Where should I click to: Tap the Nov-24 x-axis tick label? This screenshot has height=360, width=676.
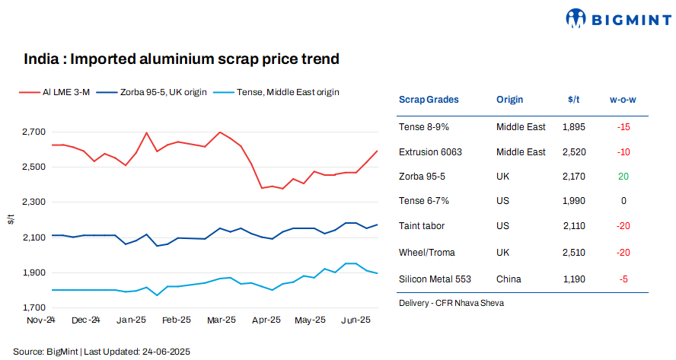tap(41, 321)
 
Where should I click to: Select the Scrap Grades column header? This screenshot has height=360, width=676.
tap(429, 100)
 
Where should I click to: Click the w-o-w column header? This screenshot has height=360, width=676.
tap(623, 100)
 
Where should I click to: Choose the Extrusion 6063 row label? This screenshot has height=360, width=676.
tap(431, 152)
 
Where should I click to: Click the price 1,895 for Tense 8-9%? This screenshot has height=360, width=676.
tap(573, 126)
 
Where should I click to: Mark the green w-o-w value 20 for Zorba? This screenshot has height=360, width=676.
tap(623, 177)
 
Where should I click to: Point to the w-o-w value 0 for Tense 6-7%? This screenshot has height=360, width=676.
tap(623, 202)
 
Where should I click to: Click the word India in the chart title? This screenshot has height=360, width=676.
tap(38, 59)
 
